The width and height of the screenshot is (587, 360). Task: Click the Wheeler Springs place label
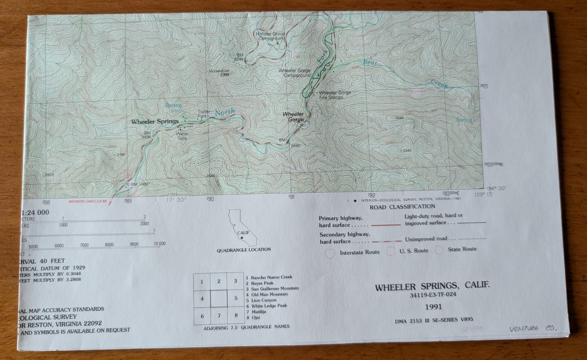point(155,121)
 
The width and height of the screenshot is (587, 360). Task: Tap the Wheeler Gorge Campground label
point(294,73)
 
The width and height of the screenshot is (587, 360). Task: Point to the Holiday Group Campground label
point(270,36)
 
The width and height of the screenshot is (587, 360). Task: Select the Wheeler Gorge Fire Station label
point(335,95)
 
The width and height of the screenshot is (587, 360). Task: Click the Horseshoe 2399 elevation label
point(219,73)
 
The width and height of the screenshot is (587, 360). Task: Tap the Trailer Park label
point(204,114)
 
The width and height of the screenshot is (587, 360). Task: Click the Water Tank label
point(182,136)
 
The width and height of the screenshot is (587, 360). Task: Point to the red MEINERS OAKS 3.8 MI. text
point(88,201)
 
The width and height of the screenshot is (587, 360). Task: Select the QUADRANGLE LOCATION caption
point(244,250)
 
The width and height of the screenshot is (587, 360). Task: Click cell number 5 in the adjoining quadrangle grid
point(236,298)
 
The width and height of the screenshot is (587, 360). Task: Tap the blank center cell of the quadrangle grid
point(219,298)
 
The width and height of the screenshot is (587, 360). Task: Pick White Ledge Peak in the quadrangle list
point(269,306)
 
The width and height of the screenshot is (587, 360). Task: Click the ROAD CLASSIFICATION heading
point(402,207)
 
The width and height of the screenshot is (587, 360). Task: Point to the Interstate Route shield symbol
point(330,253)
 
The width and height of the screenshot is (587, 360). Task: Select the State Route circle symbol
point(439,250)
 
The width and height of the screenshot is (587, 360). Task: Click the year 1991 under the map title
point(433,307)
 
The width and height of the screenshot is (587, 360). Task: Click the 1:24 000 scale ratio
point(35,212)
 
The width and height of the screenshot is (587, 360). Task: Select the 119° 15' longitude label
point(484,194)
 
